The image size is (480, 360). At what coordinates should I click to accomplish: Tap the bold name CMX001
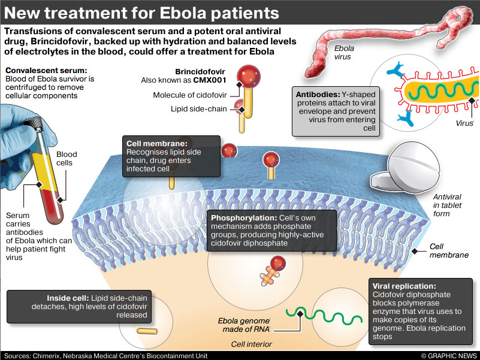(x=208, y=80)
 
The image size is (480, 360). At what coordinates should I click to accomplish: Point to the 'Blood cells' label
(x=67, y=159)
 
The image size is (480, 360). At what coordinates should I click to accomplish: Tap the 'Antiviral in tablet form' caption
(x=448, y=205)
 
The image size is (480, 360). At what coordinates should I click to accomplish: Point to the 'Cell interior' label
(x=252, y=344)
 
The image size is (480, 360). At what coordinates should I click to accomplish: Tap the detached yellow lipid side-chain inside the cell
(x=146, y=330)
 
